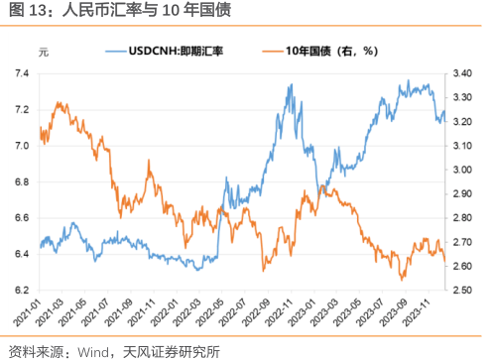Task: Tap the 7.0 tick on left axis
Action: pos(22,146)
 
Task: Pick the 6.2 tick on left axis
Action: pos(22,291)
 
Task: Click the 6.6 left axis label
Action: pos(22,218)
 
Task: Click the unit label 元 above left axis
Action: pos(42,50)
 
